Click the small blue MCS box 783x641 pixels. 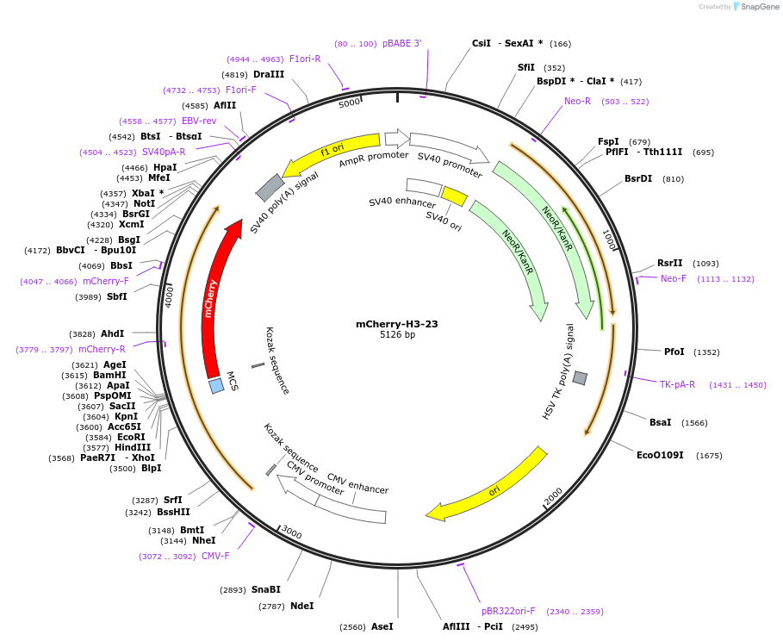pos(216,386)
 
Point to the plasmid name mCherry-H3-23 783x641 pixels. pos(397,324)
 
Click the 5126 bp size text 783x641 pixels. pos(397,335)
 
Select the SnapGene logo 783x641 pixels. pos(755,6)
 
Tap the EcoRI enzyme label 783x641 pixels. pos(131,437)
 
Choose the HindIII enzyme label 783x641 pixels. pos(132,447)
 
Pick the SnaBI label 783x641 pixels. pos(265,589)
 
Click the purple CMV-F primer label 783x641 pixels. pos(215,556)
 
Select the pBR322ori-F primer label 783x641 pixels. pos(508,611)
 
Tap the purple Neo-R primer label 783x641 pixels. pos(577,101)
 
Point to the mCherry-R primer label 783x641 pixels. pos(102,349)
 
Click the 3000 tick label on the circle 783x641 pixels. pos(291,533)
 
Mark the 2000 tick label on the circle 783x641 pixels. pos(552,497)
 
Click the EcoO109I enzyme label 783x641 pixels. pos(660,455)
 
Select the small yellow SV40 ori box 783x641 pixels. pos(454,196)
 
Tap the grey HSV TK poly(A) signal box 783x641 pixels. pos(580,378)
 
